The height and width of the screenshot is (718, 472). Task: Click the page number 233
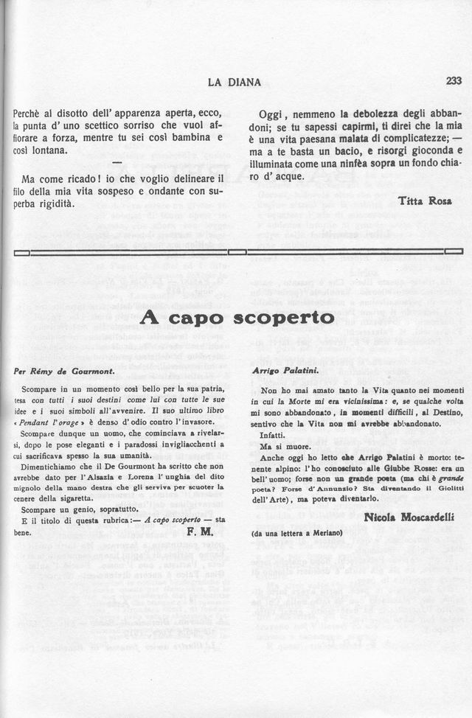(x=453, y=82)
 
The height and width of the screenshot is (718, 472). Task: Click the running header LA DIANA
(x=235, y=83)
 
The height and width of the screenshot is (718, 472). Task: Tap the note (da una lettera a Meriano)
(x=297, y=532)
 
